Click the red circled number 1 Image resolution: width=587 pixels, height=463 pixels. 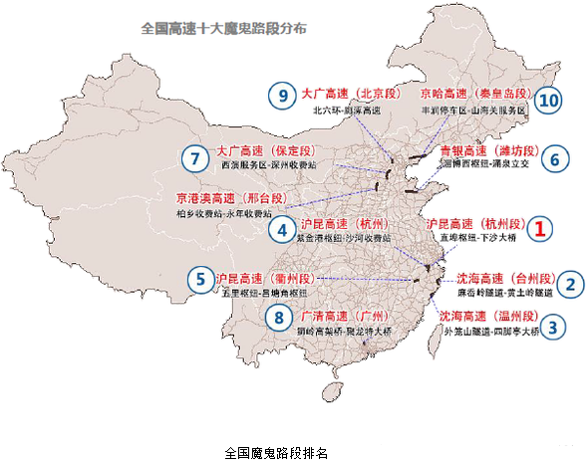tap(539, 228)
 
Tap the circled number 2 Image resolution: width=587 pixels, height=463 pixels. tap(569, 284)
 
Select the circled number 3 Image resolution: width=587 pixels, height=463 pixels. tap(556, 325)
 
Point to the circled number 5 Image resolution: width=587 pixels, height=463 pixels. tap(201, 279)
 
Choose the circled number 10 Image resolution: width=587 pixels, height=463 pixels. tap(546, 100)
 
